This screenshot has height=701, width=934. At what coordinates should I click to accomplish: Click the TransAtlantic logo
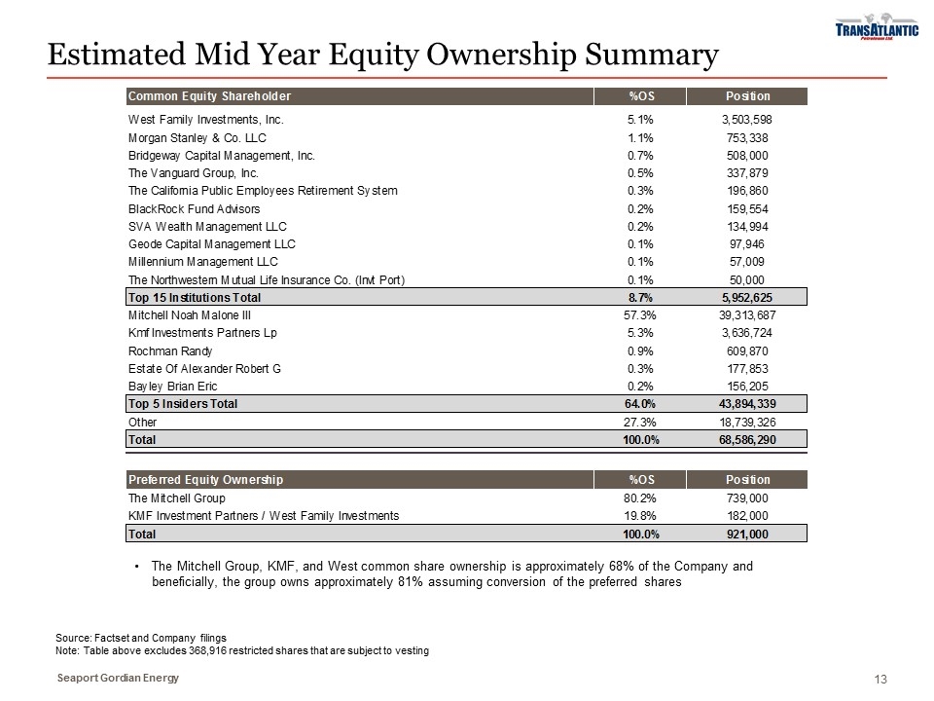tap(876, 30)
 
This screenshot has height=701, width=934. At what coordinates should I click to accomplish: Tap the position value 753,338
tap(746, 137)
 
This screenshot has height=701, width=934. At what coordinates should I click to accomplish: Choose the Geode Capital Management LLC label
tap(212, 243)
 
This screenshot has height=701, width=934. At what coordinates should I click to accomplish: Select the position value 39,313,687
tap(741, 314)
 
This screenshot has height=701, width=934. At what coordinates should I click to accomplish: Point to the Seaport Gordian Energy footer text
tap(117, 678)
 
